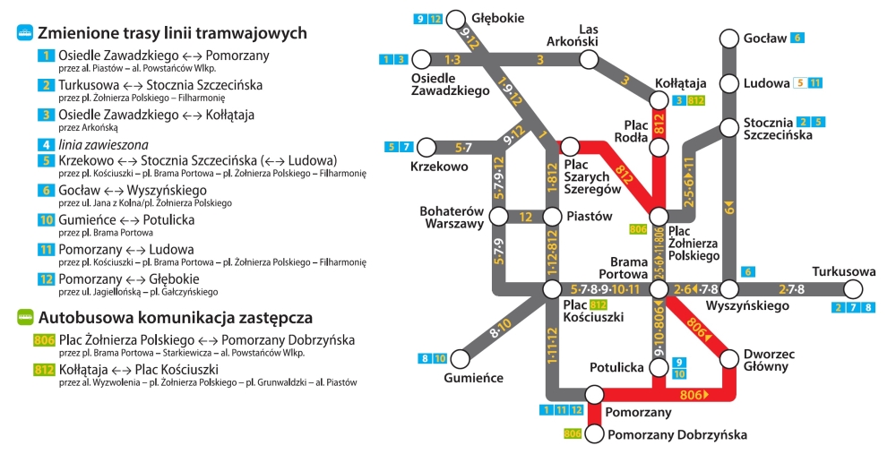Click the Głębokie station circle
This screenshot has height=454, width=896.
click(x=455, y=20)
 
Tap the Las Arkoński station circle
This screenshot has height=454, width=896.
click(x=589, y=59)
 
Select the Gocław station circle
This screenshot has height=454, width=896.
click(x=728, y=39)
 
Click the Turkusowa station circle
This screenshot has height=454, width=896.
click(x=853, y=289)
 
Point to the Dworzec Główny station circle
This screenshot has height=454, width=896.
click(x=728, y=359)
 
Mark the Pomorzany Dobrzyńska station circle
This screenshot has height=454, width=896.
click(x=594, y=434)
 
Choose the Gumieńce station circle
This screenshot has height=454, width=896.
click(x=460, y=359)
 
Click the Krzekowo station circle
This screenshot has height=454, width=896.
click(x=426, y=148)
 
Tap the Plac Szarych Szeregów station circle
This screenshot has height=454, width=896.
click(x=569, y=147)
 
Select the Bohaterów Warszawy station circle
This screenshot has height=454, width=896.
click(x=498, y=217)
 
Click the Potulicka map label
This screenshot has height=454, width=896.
click(x=616, y=368)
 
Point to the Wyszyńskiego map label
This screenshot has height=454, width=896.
click(x=747, y=306)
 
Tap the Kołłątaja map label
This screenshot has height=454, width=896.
click(x=681, y=83)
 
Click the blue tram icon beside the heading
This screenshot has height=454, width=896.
click(x=25, y=32)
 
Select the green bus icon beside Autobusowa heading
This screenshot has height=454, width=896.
click(x=25, y=317)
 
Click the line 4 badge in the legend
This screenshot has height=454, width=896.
click(x=46, y=145)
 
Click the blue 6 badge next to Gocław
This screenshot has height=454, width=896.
click(x=797, y=39)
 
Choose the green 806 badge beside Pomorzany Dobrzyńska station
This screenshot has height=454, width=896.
click(x=573, y=434)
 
